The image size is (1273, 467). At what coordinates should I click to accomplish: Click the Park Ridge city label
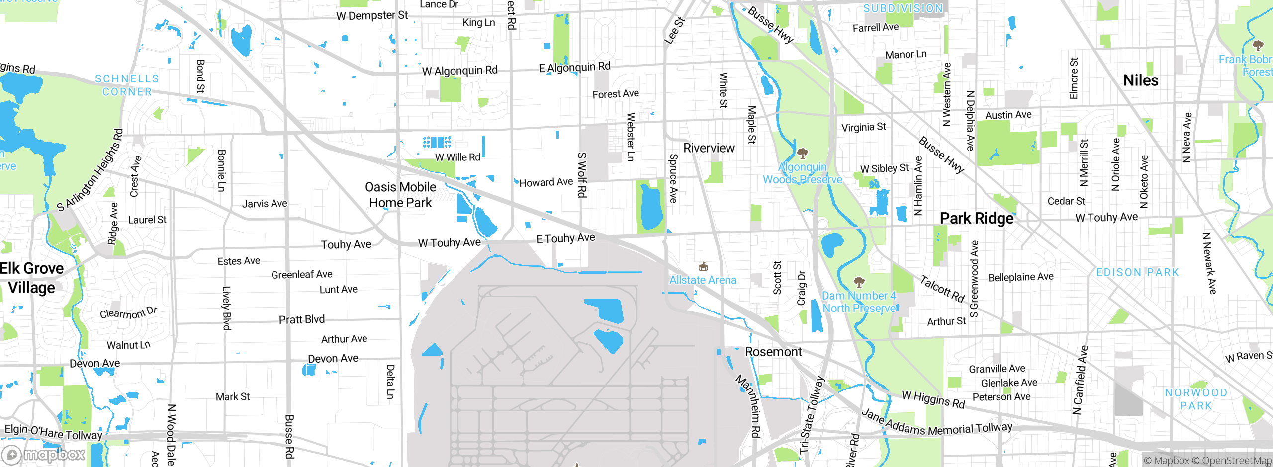[x=976, y=219]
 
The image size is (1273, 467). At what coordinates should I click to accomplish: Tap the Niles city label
[x=1141, y=80]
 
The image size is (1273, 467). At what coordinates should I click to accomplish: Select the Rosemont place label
[x=773, y=352]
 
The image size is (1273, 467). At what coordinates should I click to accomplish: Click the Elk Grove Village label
[x=32, y=278]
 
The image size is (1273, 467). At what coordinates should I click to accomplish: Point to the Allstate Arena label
[x=703, y=280]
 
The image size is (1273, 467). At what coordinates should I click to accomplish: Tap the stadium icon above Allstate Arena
[x=703, y=267]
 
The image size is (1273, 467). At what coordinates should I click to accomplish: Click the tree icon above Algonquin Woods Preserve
[x=802, y=153]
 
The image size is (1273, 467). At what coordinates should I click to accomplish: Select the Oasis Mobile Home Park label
[x=400, y=195]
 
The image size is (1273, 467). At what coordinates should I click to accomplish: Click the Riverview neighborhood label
[x=709, y=148]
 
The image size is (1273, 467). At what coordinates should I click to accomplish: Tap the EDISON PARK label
[x=1138, y=272]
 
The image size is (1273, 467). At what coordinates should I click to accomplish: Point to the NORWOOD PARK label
[x=1196, y=399]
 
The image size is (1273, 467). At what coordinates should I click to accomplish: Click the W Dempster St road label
[x=372, y=16]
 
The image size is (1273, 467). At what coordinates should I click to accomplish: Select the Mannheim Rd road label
[x=748, y=406]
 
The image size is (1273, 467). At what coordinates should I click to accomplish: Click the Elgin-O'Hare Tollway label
[x=53, y=432]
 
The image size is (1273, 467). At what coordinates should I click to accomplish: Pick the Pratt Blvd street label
[x=301, y=319]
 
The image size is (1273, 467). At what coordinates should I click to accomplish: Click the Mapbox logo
[x=44, y=455]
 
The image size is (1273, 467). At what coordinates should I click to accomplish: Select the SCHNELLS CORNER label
[x=127, y=85]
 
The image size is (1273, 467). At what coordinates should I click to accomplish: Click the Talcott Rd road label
[x=942, y=289]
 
